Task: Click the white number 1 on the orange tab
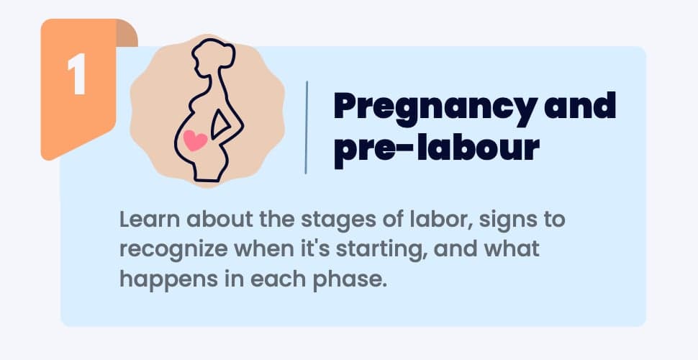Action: [x=76, y=73]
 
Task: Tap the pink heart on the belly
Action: [x=195, y=140]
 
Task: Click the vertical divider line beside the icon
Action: [x=307, y=127]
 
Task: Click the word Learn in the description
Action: [x=149, y=220]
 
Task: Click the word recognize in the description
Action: [x=173, y=251]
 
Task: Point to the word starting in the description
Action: [x=380, y=251]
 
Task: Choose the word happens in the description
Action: [x=168, y=281]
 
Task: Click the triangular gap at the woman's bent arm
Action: [x=219, y=123]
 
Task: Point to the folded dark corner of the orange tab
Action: [x=127, y=33]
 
